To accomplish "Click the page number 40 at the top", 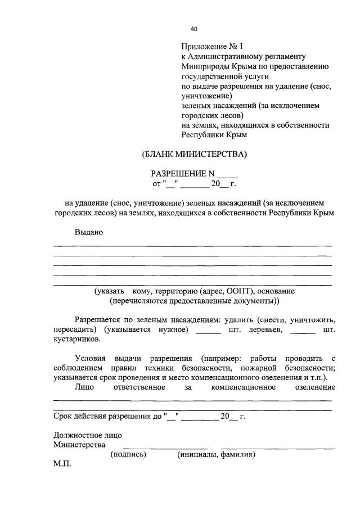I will pos(194,29).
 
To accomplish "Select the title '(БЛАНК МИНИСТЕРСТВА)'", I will pos(194,153).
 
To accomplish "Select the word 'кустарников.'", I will pos(78,340).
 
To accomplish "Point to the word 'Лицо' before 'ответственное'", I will pos(84,387).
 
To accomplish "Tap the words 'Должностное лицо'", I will pos(87,435).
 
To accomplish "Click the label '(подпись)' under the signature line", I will pos(129,454).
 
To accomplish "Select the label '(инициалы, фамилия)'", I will pos(216,454).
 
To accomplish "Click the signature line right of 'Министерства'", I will pos(153,448).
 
